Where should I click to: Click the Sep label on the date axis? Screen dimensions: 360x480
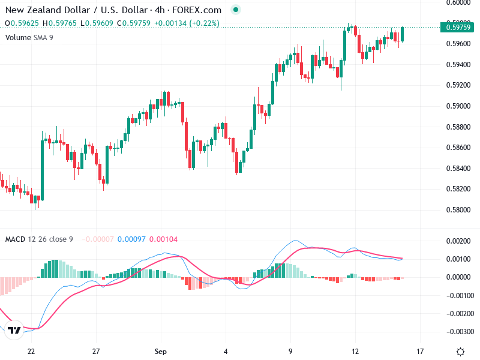[x=160, y=351]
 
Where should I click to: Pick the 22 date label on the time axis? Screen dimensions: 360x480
[x=31, y=351]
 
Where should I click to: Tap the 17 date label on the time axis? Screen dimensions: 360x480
[x=420, y=351]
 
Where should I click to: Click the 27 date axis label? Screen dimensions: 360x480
[x=96, y=351]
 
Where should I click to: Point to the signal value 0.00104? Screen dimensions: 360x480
[x=164, y=239]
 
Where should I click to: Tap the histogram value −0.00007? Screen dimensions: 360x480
[x=96, y=239]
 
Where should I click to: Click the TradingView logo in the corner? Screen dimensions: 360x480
[x=15, y=331]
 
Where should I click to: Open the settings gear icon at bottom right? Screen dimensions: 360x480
[x=460, y=351]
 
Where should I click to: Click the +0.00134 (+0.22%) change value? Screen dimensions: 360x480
[x=186, y=23]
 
